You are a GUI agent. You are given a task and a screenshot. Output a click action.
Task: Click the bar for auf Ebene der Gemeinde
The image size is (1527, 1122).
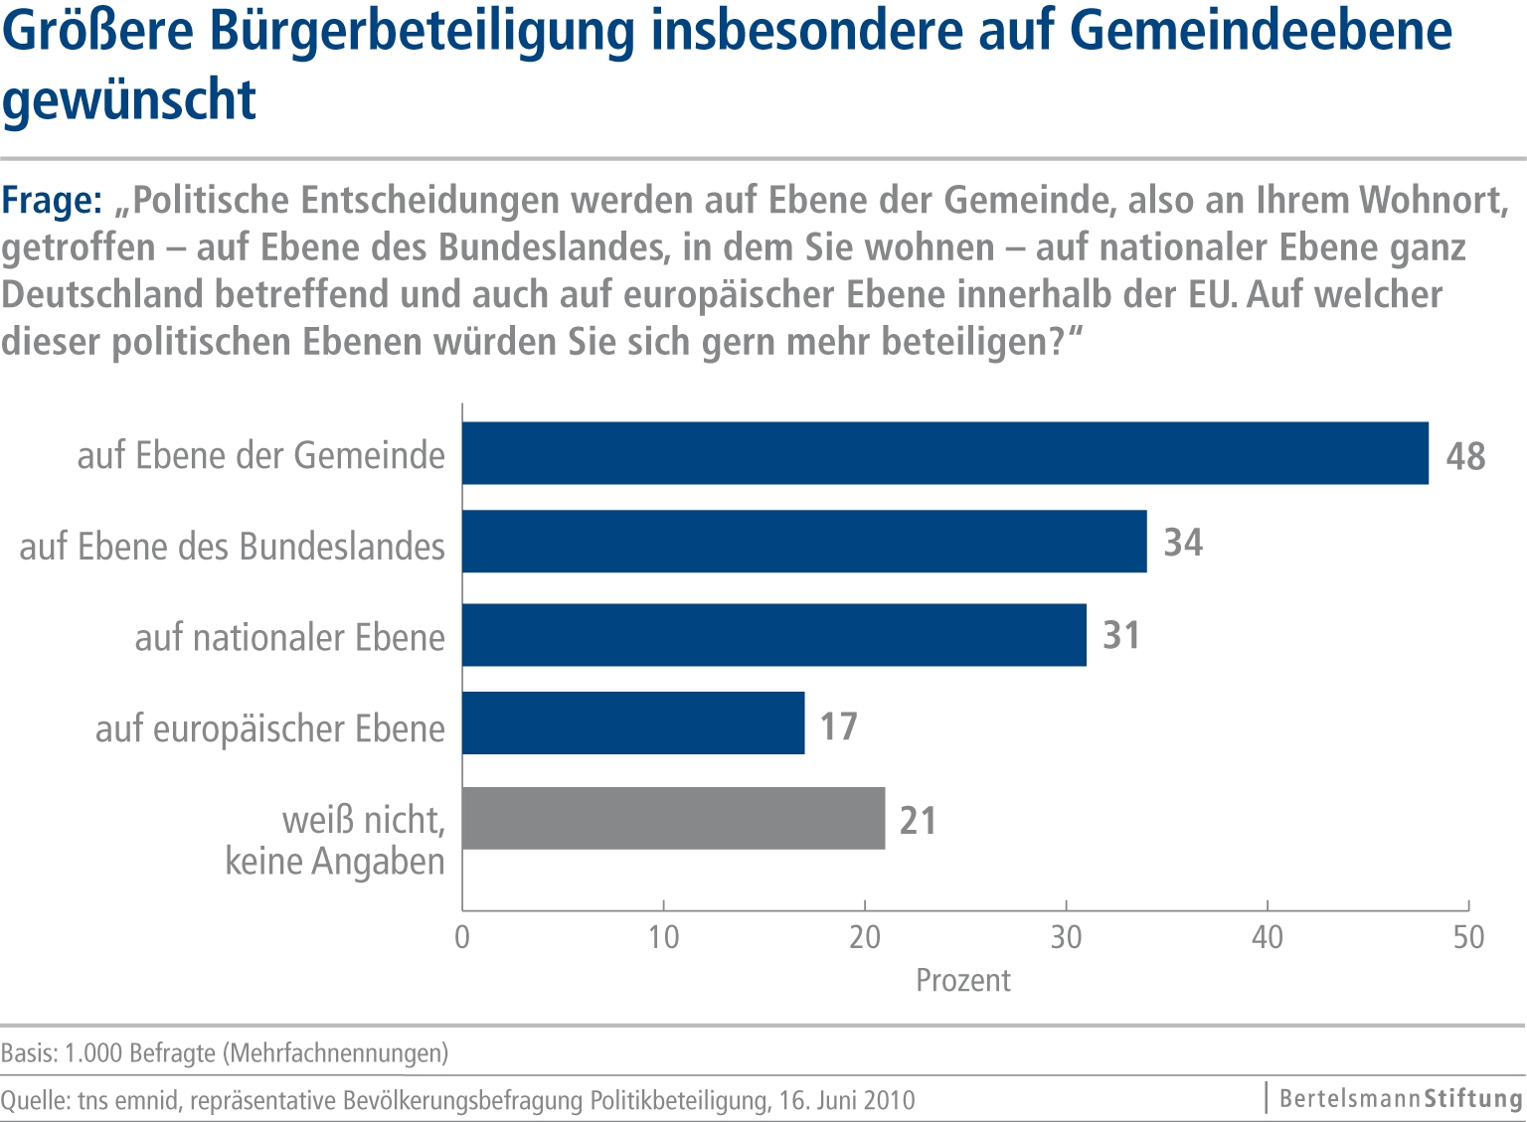pos(944,453)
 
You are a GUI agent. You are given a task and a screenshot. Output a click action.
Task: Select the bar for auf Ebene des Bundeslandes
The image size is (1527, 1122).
pos(804,542)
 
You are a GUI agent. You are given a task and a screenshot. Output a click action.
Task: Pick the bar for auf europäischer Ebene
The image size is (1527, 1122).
pos(633,723)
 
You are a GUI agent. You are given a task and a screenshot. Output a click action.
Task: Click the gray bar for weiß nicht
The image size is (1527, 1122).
pos(673,818)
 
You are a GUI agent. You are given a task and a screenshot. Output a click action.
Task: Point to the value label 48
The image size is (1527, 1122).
pos(1465,456)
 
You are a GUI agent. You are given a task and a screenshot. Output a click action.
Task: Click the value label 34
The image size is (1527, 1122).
pos(1183,543)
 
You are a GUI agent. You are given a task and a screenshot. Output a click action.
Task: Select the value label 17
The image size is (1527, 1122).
pos(838,726)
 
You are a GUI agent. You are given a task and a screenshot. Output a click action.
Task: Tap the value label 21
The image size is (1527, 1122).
pos(918,821)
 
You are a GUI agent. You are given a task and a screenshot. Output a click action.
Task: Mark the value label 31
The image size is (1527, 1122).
pos(1121,636)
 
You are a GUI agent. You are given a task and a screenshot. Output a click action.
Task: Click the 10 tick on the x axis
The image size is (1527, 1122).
pos(663,937)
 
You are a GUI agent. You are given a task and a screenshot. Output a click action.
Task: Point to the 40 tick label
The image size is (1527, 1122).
pos(1268,937)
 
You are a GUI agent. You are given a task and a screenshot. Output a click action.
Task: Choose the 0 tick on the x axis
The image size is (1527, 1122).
pos(462,937)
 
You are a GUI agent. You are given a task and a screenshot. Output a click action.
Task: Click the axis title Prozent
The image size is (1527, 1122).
pos(962,981)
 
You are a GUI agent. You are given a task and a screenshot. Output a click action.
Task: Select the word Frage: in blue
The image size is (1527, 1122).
pos(52,201)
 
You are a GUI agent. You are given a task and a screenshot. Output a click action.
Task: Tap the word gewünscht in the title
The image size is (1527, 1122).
pos(129,99)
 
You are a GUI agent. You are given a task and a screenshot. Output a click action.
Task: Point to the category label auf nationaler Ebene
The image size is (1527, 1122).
pos(289,637)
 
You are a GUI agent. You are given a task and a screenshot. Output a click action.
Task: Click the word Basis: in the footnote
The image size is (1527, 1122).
pos(29,1053)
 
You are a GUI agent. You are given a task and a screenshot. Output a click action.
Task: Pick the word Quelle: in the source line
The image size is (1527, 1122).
pos(35,1101)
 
